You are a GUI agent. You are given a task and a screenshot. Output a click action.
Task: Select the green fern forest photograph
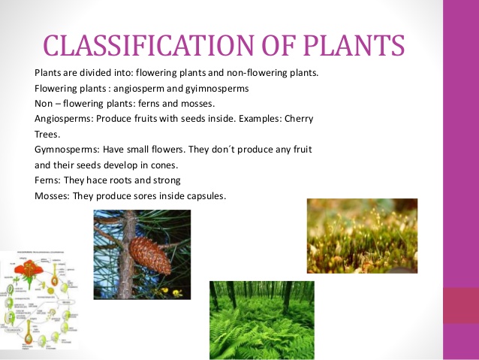(x=261, y=320)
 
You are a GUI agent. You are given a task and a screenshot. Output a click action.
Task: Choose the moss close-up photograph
(x=362, y=235)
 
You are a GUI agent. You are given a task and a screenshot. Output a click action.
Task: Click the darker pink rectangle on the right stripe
(x=459, y=306)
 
